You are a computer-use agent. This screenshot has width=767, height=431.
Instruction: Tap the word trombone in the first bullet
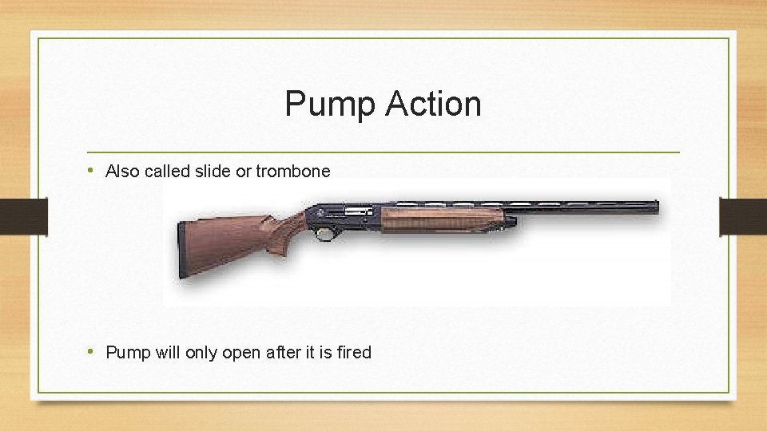[292, 171]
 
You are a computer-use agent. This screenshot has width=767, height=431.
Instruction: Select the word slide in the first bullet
[210, 171]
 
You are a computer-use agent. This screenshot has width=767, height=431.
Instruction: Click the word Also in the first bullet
[122, 171]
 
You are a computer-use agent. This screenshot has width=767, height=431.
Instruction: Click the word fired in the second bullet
[354, 352]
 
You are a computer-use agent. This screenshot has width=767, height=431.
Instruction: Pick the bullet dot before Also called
[93, 170]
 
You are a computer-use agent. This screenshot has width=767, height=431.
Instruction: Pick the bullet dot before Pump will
[93, 351]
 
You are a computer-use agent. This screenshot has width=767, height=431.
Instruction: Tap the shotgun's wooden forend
[439, 218]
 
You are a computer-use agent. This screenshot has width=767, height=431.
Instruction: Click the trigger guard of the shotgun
[324, 233]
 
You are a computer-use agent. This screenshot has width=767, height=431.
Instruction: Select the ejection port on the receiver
[358, 211]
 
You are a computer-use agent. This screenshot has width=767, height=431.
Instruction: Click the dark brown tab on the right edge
[743, 216]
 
